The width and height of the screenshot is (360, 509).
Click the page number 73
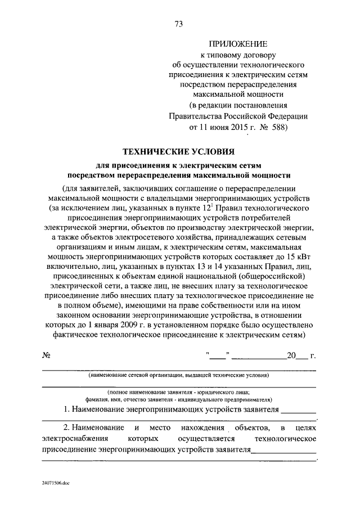pyautogui.click(x=179, y=24)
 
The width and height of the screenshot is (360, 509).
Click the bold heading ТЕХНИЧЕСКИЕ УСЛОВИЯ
pyautogui.click(x=179, y=151)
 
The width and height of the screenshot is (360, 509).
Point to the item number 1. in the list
pyautogui.click(x=67, y=409)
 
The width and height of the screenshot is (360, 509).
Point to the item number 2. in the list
pyautogui.click(x=66, y=427)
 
